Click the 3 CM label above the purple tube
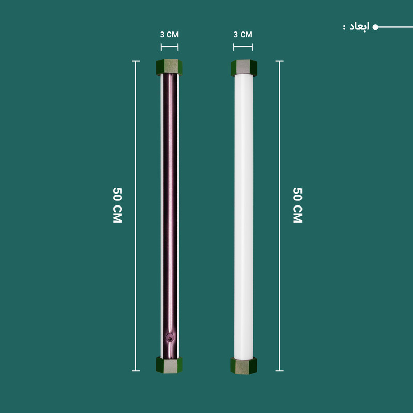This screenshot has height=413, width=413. [169, 35]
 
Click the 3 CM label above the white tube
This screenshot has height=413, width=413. [243, 35]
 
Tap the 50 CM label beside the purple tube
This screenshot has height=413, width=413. [117, 205]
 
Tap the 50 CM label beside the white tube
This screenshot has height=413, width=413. [298, 205]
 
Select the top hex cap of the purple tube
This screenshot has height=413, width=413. [169, 68]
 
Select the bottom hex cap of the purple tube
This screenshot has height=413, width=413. [169, 365]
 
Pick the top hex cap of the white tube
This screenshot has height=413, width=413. [244, 68]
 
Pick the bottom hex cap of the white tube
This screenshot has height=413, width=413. [244, 366]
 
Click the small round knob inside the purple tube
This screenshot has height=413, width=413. [169, 338]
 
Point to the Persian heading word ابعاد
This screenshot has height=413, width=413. [359, 27]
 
